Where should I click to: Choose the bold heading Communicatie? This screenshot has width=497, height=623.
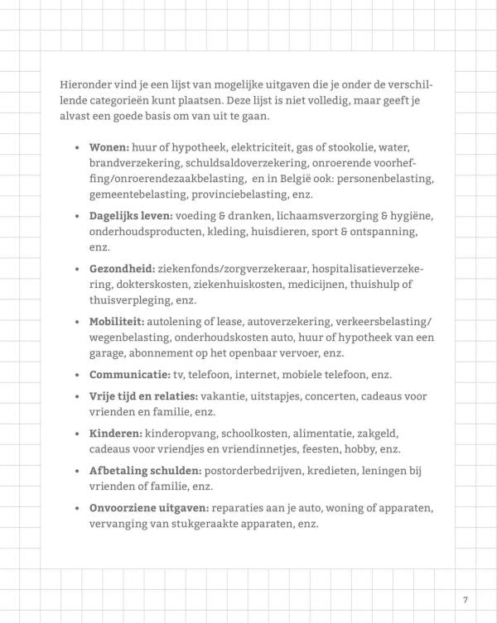130,375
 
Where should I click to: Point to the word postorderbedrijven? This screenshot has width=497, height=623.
258,471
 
